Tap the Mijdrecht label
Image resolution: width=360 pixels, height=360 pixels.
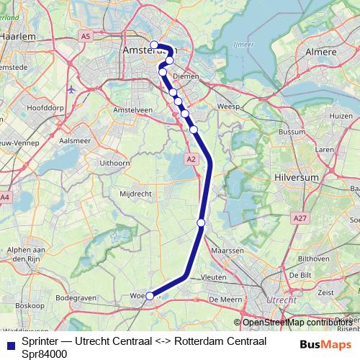[x=133, y=194]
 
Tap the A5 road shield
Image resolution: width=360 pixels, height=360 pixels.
[x=86, y=35]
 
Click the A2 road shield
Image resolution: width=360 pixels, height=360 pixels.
[x=190, y=158]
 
